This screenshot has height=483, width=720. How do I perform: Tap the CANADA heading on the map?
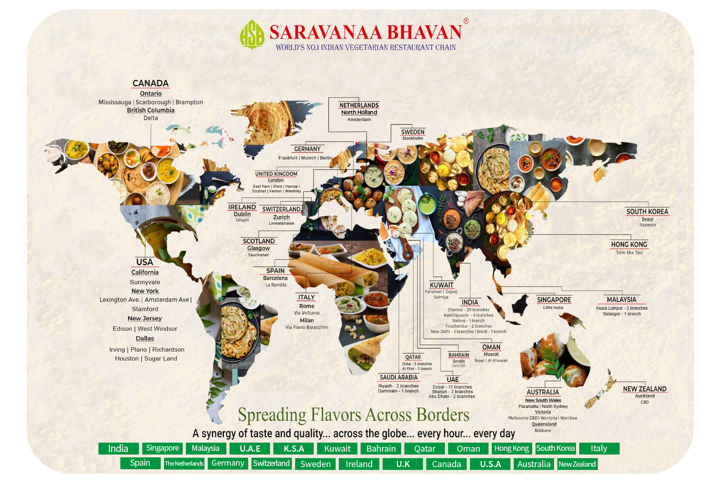pyautogui.click(x=150, y=83)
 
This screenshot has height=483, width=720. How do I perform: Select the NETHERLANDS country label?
pyautogui.click(x=359, y=105)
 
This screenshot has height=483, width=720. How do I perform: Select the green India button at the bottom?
pyautogui.click(x=118, y=448)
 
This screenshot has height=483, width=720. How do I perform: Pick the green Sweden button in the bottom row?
pyautogui.click(x=315, y=464)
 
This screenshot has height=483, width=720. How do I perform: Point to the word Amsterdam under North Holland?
pyautogui.click(x=359, y=120)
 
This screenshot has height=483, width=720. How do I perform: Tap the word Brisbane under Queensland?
pyautogui.click(x=542, y=431)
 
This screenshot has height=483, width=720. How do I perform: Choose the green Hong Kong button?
pyautogui.click(x=511, y=448)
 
